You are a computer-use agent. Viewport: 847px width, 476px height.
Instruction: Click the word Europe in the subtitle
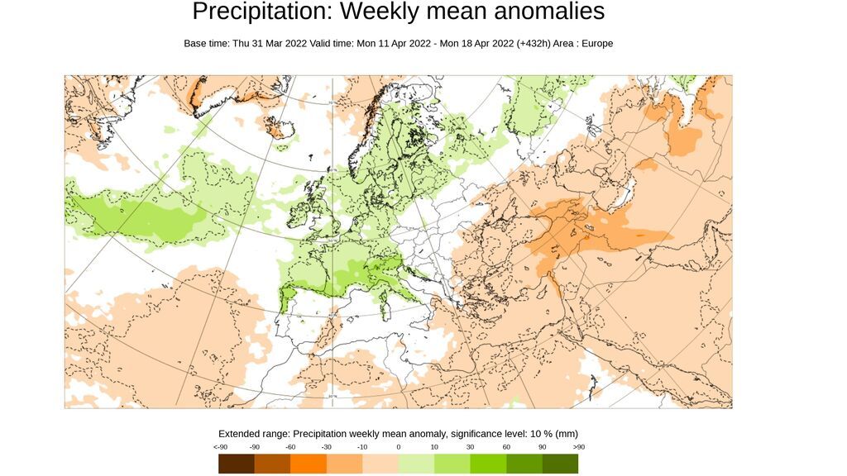tap(596, 43)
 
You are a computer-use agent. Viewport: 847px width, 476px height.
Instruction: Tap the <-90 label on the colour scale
tap(220, 447)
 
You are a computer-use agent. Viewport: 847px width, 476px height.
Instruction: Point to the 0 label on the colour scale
tap(399, 447)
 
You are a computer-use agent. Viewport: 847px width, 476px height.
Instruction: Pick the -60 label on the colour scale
tap(291, 447)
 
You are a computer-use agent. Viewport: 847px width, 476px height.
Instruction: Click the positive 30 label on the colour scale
tap(471, 447)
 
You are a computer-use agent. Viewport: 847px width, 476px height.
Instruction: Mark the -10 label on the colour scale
tap(363, 447)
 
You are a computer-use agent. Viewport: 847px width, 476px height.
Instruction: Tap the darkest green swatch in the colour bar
tap(560, 464)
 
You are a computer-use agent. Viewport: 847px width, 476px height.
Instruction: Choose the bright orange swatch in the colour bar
tap(309, 464)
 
